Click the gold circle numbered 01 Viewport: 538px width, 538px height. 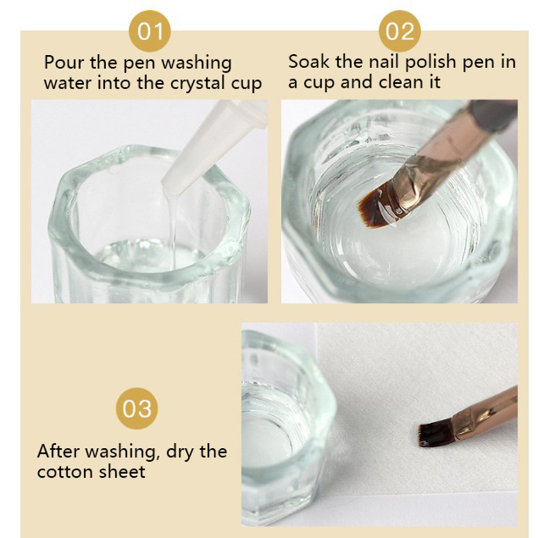click(x=150, y=31)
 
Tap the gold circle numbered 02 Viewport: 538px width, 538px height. click(x=399, y=31)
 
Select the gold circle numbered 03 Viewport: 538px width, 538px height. click(x=137, y=408)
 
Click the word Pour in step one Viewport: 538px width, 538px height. click(x=64, y=62)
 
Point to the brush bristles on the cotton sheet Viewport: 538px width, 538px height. click(x=437, y=434)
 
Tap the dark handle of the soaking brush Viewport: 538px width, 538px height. click(x=494, y=115)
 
